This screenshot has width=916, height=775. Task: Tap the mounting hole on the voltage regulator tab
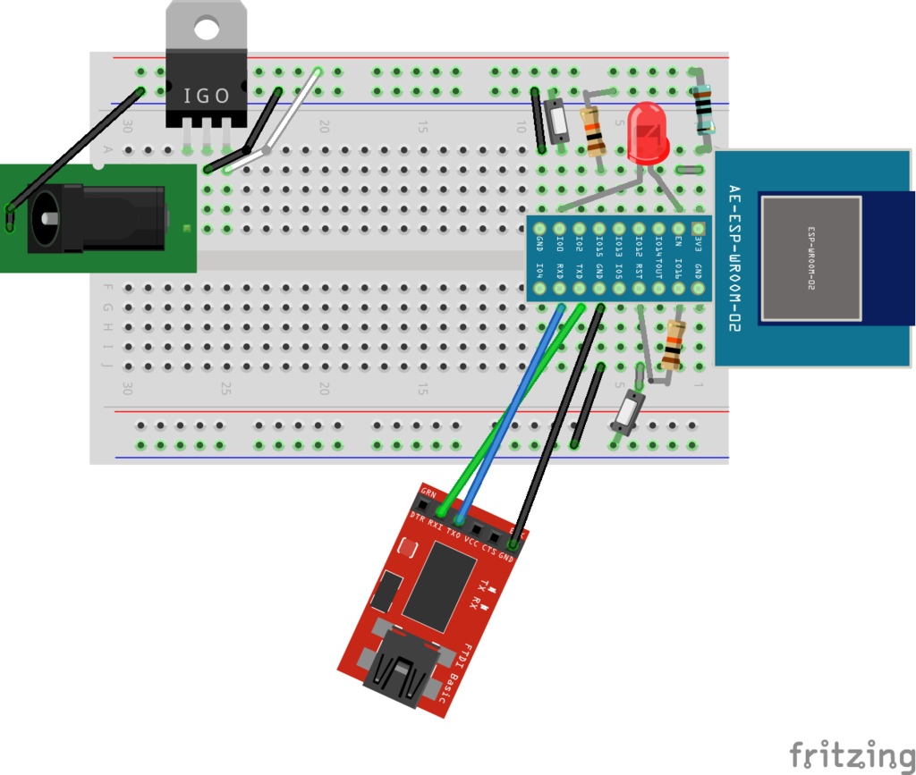[207, 29]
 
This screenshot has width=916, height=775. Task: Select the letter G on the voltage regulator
[207, 95]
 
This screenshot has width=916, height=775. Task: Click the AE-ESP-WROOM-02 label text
[734, 258]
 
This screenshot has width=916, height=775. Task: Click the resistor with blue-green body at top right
[704, 107]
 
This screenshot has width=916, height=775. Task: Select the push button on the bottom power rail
[628, 412]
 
